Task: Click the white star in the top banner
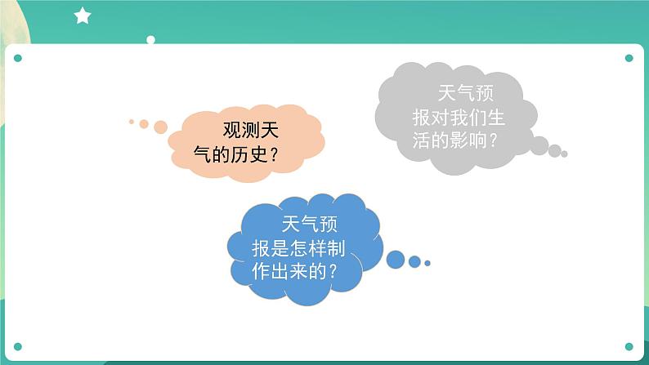[x=83, y=16]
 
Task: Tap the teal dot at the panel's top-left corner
[x=18, y=58]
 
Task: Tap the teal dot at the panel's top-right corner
[x=629, y=58]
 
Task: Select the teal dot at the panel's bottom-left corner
[x=18, y=346]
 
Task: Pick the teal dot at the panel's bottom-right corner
[x=629, y=346]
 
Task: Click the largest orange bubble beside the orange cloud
[x=160, y=127]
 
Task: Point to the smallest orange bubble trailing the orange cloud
[x=131, y=122]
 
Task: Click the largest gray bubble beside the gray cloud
[x=539, y=145]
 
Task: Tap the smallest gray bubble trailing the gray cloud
[x=564, y=154]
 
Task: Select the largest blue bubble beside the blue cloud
[x=396, y=260]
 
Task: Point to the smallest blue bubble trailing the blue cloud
[x=427, y=263]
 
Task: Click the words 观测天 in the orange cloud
[x=252, y=129]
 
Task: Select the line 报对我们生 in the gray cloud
[x=454, y=117]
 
